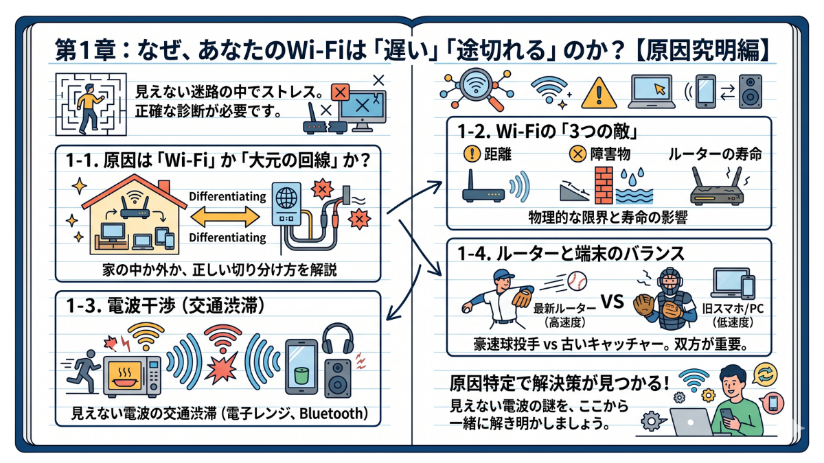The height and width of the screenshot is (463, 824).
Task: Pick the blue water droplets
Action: (x=633, y=180)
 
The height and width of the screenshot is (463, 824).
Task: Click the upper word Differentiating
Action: (x=227, y=196)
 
